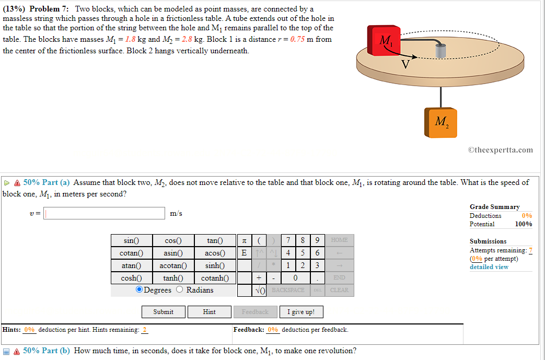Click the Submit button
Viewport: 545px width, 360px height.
point(164,312)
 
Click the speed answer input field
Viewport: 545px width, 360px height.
point(105,213)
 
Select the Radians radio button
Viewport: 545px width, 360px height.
point(180,290)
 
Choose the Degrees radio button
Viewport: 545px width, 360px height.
point(140,290)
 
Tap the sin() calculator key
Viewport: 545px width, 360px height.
point(131,240)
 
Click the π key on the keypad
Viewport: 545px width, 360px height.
point(244,240)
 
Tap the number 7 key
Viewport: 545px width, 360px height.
point(288,240)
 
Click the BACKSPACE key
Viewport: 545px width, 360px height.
point(288,290)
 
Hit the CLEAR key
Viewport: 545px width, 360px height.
point(339,290)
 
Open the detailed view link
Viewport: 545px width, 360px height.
point(489,267)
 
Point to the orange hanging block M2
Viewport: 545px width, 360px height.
point(440,123)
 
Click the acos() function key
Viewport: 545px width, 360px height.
point(215,253)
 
